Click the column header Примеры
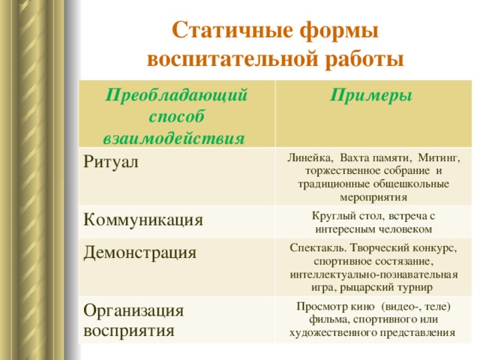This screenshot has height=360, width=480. pyautogui.click(x=371, y=95)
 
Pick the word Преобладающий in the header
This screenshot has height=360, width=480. pyautogui.click(x=176, y=95)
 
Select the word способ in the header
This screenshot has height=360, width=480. pyautogui.click(x=176, y=116)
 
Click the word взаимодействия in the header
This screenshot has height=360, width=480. pyautogui.click(x=174, y=138)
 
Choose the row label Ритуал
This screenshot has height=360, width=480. pyautogui.click(x=111, y=162)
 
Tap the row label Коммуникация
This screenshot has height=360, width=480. pyautogui.click(x=143, y=220)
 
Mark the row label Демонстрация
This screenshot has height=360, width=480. pyautogui.click(x=139, y=253)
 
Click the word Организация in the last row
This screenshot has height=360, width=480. pyautogui.click(x=133, y=311)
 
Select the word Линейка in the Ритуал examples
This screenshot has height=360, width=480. pyautogui.click(x=310, y=158)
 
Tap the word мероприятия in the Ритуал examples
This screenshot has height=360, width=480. pyautogui.click(x=373, y=198)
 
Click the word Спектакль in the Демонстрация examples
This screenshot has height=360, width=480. pyautogui.click(x=318, y=247)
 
